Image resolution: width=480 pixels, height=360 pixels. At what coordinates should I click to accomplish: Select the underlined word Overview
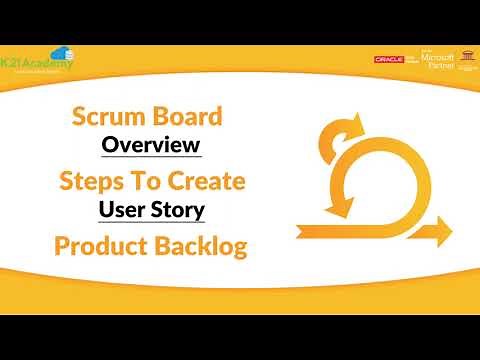(x=152, y=145)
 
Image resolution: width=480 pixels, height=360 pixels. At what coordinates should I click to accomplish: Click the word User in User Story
(x=122, y=210)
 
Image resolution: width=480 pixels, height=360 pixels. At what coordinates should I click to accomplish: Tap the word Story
(x=179, y=210)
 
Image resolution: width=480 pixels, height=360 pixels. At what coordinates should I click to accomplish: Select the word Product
(x=97, y=246)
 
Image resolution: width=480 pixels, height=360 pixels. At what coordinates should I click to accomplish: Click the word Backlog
(x=198, y=246)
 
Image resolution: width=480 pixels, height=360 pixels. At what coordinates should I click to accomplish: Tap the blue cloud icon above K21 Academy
(x=61, y=52)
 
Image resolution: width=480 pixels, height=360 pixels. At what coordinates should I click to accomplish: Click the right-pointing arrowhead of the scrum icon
(x=440, y=232)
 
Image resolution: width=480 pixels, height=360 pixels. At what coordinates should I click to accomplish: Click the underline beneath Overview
(x=152, y=158)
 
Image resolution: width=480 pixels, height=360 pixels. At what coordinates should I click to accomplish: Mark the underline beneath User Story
(x=151, y=223)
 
